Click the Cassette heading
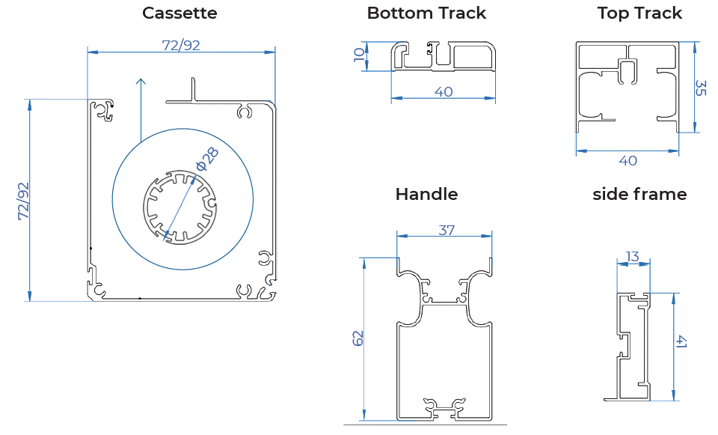(179, 13)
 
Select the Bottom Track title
(426, 13)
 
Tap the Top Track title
(639, 13)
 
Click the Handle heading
(426, 194)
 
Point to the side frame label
(639, 194)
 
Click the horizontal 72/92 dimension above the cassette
(181, 45)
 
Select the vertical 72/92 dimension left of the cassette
(23, 201)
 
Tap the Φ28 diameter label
(207, 158)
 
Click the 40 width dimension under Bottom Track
(444, 91)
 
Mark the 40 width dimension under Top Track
(628, 160)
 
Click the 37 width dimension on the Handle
(447, 230)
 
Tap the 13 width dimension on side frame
(632, 257)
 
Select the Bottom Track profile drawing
(444, 57)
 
